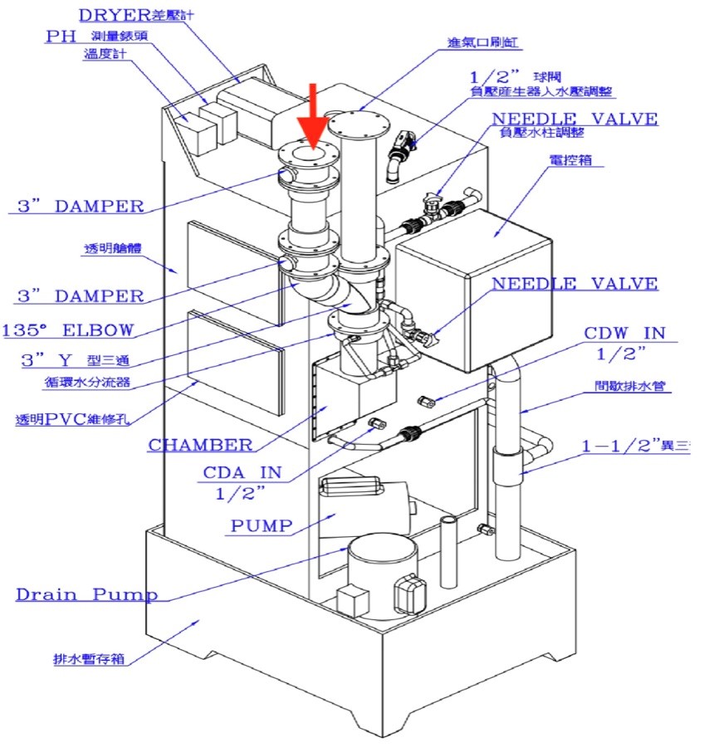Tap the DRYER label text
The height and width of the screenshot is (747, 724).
click(x=114, y=15)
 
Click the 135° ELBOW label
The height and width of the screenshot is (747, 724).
click(x=68, y=330)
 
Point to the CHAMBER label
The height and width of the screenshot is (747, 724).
click(x=200, y=445)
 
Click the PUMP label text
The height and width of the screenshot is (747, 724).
click(x=262, y=525)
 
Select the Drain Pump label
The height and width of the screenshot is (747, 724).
click(x=86, y=594)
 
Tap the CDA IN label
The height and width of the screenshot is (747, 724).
click(x=242, y=473)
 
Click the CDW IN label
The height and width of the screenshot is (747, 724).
click(x=624, y=334)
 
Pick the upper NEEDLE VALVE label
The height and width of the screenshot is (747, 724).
click(x=575, y=119)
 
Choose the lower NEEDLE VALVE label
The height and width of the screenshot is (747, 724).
click(x=575, y=284)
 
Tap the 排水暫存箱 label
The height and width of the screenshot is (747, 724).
click(x=87, y=660)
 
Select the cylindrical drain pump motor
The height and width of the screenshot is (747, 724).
click(x=380, y=574)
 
